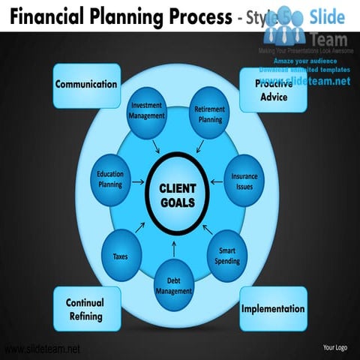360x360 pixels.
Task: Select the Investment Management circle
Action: pyautogui.click(x=147, y=112)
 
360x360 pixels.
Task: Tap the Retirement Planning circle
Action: pyautogui.click(x=209, y=113)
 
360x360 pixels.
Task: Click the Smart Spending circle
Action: pyautogui.click(x=227, y=256)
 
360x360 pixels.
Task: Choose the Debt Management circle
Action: pyautogui.click(x=175, y=285)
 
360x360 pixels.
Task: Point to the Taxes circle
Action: pyautogui.click(x=121, y=256)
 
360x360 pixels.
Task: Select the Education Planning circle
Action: pyautogui.click(x=110, y=179)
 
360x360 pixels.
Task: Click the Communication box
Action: pyautogui.click(x=86, y=85)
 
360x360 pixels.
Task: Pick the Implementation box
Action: pyautogui.click(x=273, y=308)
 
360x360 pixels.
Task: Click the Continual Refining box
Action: pyautogui.click(x=85, y=309)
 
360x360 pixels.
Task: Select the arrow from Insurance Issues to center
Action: pyautogui.click(x=215, y=182)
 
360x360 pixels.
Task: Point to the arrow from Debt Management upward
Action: pyautogui.click(x=175, y=248)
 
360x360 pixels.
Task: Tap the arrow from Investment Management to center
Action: pyautogui.click(x=155, y=145)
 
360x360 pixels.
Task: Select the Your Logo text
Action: pyautogui.click(x=334, y=347)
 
